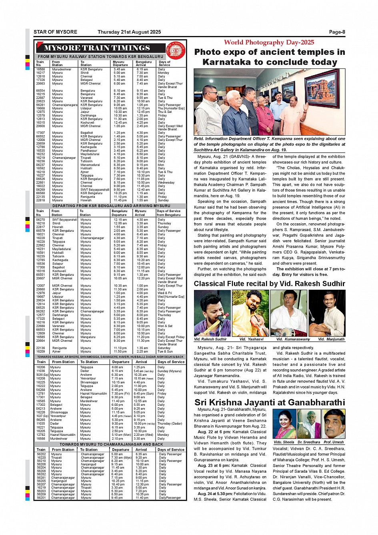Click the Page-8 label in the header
(x=337, y=32)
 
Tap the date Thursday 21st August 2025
(x=129, y=32)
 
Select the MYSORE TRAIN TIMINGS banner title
(x=97, y=48)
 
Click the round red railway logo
(x=176, y=50)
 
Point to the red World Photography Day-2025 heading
(x=269, y=42)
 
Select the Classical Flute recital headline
(x=269, y=284)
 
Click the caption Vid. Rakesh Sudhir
(x=210, y=339)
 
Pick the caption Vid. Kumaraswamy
(x=293, y=339)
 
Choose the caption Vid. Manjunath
(x=331, y=339)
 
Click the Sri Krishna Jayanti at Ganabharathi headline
(x=269, y=403)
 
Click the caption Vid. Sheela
(x=284, y=442)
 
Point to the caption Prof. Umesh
(x=334, y=442)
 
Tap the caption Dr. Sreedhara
(x=309, y=442)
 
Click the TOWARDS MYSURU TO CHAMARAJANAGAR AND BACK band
(x=111, y=444)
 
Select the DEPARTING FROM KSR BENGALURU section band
(x=111, y=206)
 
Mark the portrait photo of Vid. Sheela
(x=284, y=424)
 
